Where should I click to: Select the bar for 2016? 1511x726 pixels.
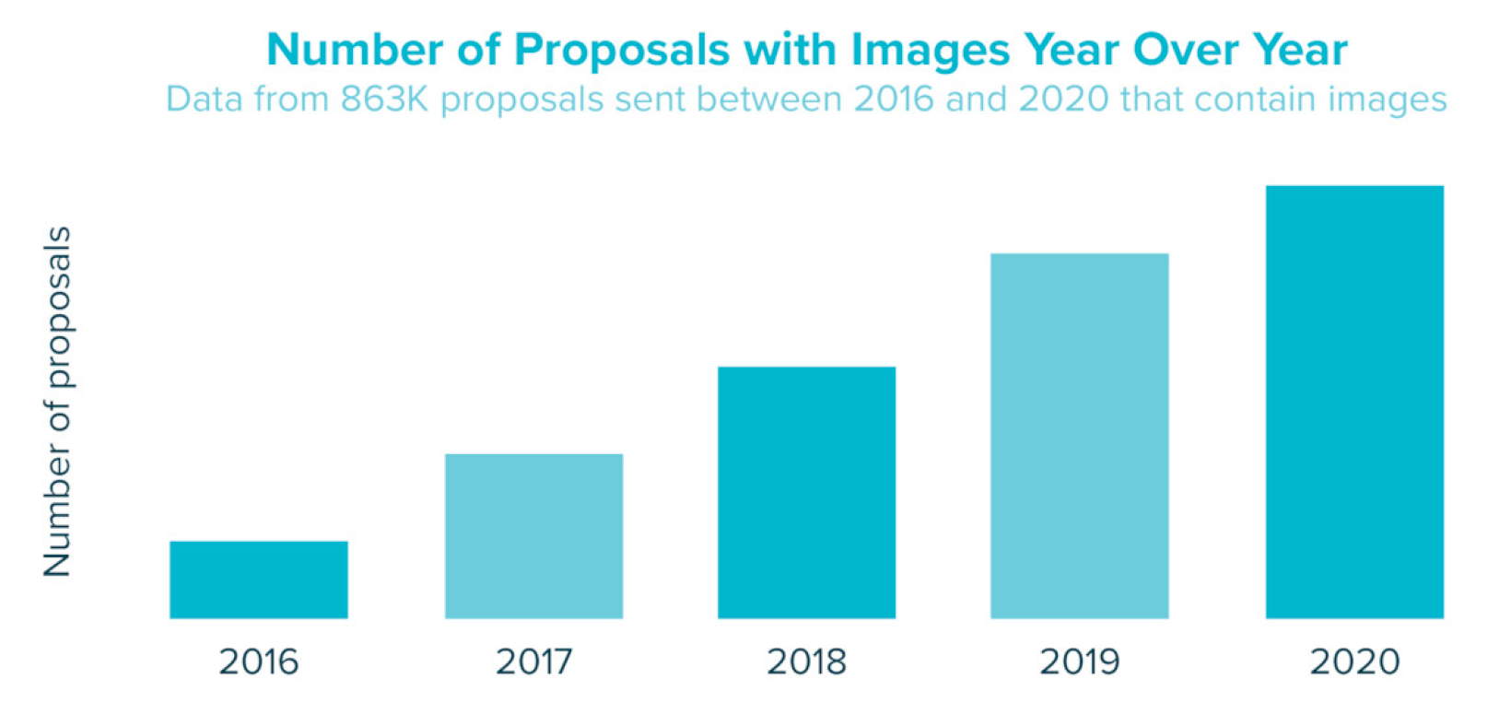(259, 580)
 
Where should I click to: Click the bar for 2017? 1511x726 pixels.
(533, 536)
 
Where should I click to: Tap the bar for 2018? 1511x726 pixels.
(806, 493)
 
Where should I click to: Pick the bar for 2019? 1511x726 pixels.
(1080, 436)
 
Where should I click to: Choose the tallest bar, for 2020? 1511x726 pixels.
(1354, 402)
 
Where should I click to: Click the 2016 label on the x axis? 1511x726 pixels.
(259, 662)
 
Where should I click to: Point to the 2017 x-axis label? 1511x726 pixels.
(533, 662)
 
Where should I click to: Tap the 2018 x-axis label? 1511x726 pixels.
(806, 662)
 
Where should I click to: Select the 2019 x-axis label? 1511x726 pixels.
(1080, 662)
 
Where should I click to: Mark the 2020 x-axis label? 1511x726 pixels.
(1354, 662)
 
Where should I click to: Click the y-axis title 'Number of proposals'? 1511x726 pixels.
(57, 402)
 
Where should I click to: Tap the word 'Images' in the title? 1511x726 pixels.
(931, 50)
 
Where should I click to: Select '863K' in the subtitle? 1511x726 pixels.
(384, 99)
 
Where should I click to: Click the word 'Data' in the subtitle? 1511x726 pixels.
(203, 99)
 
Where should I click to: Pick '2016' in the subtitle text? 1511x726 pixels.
(893, 99)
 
